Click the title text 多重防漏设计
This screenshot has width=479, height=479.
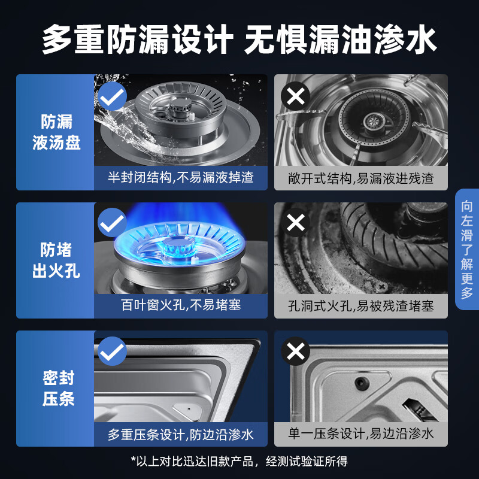click(x=137, y=40)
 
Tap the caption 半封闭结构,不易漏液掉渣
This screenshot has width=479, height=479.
click(x=181, y=178)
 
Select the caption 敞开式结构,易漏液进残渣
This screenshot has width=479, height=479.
click(x=360, y=178)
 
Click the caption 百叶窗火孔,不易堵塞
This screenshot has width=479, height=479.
click(x=181, y=305)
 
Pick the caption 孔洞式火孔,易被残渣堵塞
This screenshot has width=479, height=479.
click(x=360, y=305)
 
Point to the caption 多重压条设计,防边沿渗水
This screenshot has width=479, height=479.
click(x=181, y=434)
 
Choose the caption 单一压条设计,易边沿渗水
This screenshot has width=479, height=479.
click(x=360, y=434)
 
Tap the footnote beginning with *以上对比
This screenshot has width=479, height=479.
click(x=239, y=461)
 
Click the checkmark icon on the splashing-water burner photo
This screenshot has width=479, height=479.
click(x=111, y=95)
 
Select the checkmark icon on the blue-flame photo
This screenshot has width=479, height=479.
click(x=111, y=223)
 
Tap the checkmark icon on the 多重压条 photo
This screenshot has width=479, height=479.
click(x=111, y=351)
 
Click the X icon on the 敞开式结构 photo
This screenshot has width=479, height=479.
click(x=296, y=95)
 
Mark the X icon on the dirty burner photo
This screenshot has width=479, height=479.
click(x=296, y=223)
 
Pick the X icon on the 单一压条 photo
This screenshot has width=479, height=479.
click(x=296, y=351)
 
